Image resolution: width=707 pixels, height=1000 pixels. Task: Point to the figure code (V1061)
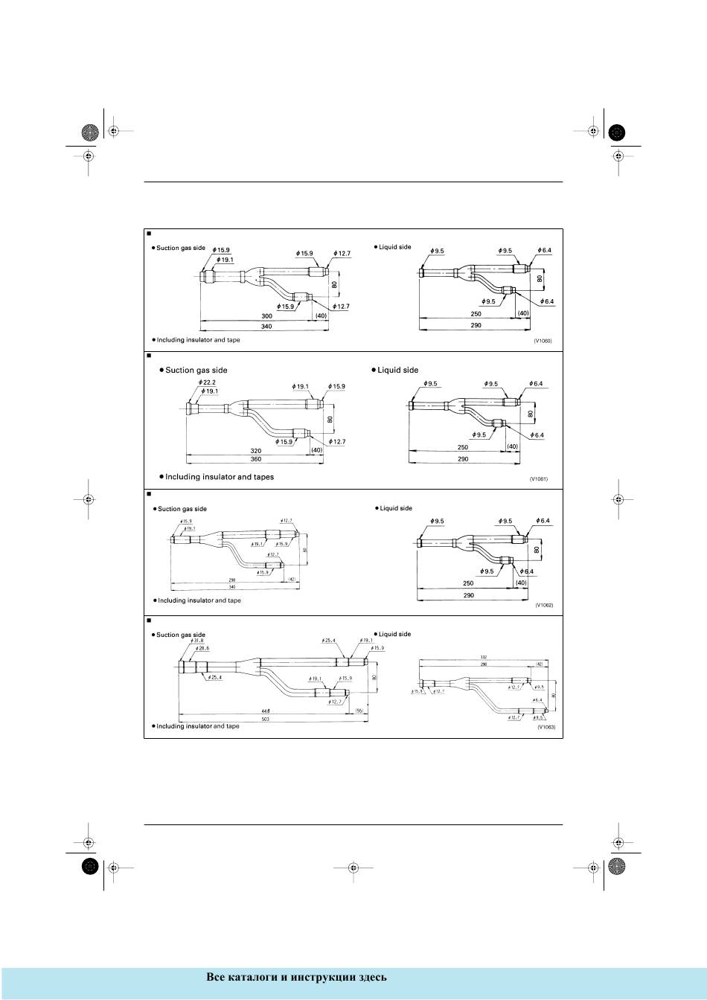pos(539,478)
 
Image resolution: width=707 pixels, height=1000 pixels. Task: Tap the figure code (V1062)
pos(544,606)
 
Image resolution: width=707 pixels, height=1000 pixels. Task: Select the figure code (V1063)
pos(546,727)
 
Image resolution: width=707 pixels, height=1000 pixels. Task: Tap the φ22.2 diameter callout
pos(208,382)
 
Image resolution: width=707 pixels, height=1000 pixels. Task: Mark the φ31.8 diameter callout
pos(196,641)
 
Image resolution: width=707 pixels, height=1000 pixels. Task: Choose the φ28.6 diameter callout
pos(202,650)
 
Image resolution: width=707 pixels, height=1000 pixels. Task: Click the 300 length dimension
pos(256,315)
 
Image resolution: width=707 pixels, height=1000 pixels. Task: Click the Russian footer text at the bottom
pos(296,977)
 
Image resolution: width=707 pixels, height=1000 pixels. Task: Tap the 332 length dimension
pos(483,657)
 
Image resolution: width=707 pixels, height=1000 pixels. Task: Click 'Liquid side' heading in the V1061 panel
pos(397,370)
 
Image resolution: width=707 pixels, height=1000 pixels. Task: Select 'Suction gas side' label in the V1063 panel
pos(180,635)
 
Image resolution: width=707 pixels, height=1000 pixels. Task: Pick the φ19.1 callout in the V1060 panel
pos(225,260)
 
